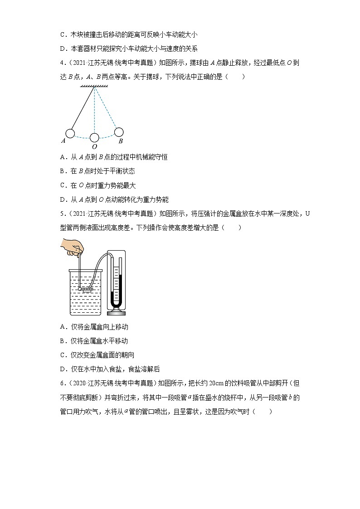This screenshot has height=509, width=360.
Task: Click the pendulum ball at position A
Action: (70, 133)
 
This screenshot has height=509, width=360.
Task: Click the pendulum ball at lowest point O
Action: (94, 137)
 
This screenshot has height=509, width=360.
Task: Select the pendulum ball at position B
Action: (119, 132)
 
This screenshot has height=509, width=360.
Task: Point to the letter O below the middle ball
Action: (94, 147)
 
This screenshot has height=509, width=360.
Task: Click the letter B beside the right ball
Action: (121, 141)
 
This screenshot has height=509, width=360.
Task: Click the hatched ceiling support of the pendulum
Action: (94, 86)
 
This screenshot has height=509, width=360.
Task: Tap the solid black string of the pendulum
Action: (83, 109)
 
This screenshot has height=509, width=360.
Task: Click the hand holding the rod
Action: (73, 247)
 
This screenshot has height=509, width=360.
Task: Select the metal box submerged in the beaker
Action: (86, 289)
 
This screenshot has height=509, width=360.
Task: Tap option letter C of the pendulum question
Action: (63, 185)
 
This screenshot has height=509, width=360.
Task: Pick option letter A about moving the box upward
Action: (63, 327)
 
